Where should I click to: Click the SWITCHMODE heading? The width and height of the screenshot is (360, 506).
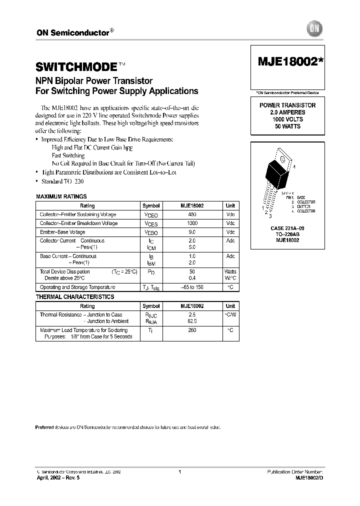pyautogui.click(x=76, y=66)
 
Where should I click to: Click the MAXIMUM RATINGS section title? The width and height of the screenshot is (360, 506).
pyautogui.click(x=61, y=196)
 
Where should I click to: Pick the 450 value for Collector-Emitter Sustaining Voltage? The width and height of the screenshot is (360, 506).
pyautogui.click(x=192, y=214)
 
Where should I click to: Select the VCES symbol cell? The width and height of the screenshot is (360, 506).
pyautogui.click(x=150, y=223)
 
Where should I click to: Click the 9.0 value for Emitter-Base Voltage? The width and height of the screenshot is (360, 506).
pyautogui.click(x=192, y=232)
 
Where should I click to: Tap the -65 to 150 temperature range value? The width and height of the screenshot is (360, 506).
pyautogui.click(x=192, y=287)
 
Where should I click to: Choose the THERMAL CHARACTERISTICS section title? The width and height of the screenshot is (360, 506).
pyautogui.click(x=75, y=297)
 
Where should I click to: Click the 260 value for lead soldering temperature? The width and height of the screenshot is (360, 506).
pyautogui.click(x=192, y=330)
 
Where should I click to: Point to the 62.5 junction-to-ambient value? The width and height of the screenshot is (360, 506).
pyautogui.click(x=192, y=321)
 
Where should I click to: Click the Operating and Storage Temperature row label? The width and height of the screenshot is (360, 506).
pyautogui.click(x=77, y=287)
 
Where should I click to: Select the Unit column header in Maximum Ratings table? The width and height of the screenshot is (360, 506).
pyautogui.click(x=230, y=205)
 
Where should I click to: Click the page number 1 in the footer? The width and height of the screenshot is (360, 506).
pyautogui.click(x=179, y=471)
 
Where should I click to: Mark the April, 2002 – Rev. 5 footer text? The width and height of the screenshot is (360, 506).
pyautogui.click(x=58, y=478)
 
